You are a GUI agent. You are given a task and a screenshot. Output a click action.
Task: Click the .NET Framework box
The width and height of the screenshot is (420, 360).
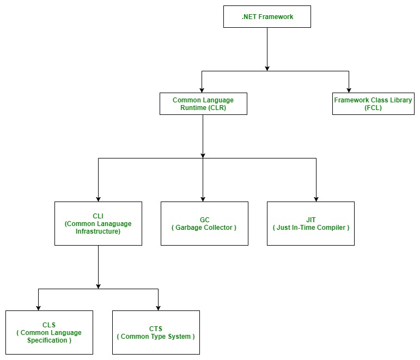click(x=267, y=16)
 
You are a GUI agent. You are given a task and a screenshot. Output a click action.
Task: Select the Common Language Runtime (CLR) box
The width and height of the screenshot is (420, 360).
click(x=203, y=103)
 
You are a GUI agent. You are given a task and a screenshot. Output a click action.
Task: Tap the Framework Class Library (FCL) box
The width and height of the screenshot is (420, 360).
click(x=373, y=103)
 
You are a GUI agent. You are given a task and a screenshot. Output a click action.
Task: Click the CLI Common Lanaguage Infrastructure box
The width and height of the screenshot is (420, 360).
click(x=98, y=223)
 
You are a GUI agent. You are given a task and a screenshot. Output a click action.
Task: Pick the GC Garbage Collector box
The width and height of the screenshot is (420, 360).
click(x=204, y=223)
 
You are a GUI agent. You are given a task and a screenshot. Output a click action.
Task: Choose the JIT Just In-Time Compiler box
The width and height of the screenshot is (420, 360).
click(x=311, y=223)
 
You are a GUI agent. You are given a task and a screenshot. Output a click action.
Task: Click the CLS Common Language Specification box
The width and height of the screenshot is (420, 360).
click(x=49, y=332)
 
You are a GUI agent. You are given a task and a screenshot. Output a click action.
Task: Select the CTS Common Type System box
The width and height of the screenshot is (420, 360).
click(x=156, y=332)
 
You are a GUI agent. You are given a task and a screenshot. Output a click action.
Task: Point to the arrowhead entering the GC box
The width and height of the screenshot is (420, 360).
click(x=203, y=198)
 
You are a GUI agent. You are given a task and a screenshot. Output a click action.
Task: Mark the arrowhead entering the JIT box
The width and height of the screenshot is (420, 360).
click(x=316, y=198)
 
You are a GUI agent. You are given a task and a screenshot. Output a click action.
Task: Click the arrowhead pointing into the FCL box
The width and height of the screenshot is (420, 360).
click(x=349, y=89)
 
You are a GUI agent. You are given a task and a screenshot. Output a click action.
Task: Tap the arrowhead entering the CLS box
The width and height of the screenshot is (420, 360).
click(x=38, y=307)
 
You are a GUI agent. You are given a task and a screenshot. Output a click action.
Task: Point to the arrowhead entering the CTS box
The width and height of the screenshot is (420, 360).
click(x=159, y=307)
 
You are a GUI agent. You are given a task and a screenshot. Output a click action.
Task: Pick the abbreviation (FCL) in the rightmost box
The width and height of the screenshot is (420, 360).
click(x=373, y=108)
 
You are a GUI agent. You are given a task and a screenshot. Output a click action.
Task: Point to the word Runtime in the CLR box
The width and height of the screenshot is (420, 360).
click(x=193, y=108)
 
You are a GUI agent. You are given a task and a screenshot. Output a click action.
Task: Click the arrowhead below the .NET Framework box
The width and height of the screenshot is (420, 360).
click(x=267, y=67)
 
